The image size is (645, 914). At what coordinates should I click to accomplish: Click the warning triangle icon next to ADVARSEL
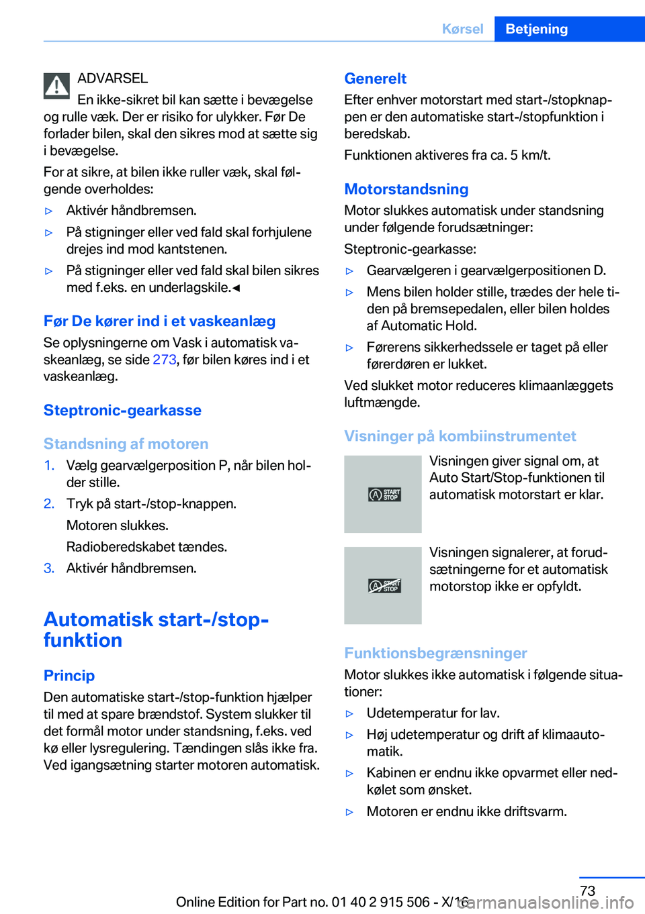(x=57, y=86)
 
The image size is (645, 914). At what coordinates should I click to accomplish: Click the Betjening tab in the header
(x=536, y=29)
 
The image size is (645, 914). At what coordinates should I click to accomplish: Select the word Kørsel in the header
(x=462, y=29)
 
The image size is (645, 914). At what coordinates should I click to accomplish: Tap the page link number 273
(x=164, y=360)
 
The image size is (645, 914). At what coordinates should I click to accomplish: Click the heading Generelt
(x=375, y=79)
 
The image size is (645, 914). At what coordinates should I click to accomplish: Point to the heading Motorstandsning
(x=406, y=189)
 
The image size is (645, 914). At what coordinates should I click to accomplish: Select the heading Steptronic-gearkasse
(x=122, y=410)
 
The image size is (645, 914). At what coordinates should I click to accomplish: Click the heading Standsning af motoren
(x=126, y=444)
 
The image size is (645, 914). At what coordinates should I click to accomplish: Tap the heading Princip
(x=69, y=676)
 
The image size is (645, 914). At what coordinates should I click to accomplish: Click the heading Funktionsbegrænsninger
(x=435, y=653)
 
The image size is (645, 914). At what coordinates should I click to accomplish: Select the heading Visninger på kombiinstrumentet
(x=460, y=436)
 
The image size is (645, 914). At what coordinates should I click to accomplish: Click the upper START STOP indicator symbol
(x=384, y=495)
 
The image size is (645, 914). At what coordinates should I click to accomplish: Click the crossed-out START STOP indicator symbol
(x=384, y=586)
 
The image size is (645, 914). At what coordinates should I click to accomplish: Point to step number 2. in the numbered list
(x=49, y=504)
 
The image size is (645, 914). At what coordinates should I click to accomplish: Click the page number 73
(x=587, y=891)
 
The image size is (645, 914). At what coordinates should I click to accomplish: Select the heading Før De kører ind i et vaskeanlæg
(x=159, y=321)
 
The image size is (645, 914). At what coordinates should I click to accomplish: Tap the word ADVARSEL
(x=112, y=79)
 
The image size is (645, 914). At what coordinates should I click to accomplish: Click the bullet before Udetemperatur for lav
(x=349, y=714)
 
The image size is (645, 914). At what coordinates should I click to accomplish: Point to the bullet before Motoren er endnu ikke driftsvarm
(x=349, y=812)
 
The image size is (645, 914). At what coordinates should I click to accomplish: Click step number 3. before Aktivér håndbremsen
(x=49, y=568)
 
